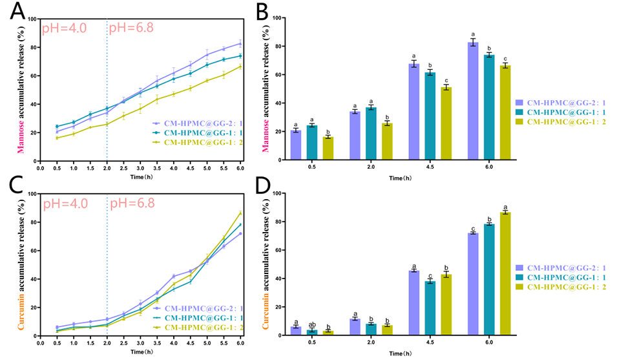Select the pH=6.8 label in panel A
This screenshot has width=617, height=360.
tap(132, 28)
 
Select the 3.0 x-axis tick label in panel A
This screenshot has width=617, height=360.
tap(140, 167)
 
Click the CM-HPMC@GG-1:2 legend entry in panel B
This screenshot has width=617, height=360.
tap(563, 122)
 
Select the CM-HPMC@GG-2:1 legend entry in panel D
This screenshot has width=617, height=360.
tap(563, 267)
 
